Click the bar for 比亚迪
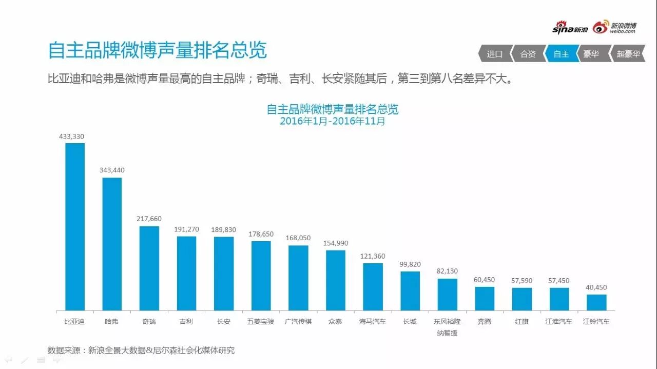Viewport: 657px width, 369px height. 75,226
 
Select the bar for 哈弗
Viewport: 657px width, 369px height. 112,244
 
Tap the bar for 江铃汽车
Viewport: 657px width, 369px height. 596,302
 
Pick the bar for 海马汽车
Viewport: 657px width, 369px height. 373,287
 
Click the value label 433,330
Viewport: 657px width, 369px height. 71,137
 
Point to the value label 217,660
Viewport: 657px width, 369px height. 149,219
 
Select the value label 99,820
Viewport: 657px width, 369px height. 410,264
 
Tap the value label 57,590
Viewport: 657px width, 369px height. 522,281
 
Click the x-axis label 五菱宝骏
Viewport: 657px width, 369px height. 261,322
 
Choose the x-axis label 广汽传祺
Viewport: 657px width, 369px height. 298,322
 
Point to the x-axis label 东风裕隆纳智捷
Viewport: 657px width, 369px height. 447,327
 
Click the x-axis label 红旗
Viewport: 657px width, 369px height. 522,322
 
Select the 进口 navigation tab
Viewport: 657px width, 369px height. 494,54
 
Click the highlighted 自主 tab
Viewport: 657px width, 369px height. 561,54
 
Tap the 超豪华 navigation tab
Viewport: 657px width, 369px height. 628,54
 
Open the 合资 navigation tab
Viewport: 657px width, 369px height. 528,54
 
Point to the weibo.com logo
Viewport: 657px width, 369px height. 614,28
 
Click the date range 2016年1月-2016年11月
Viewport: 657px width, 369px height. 332,122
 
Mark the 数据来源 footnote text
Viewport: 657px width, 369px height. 141,351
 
